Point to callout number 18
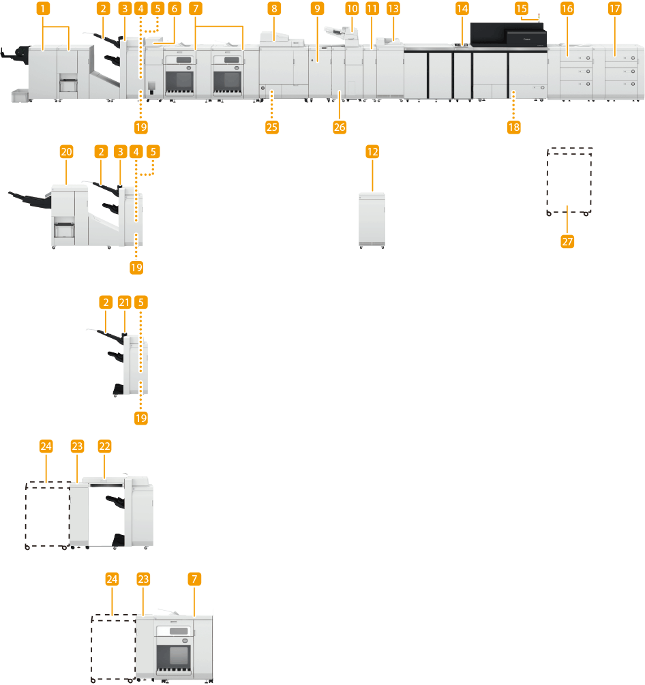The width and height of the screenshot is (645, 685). click(x=513, y=127)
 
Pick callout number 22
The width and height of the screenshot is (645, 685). click(x=104, y=446)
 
